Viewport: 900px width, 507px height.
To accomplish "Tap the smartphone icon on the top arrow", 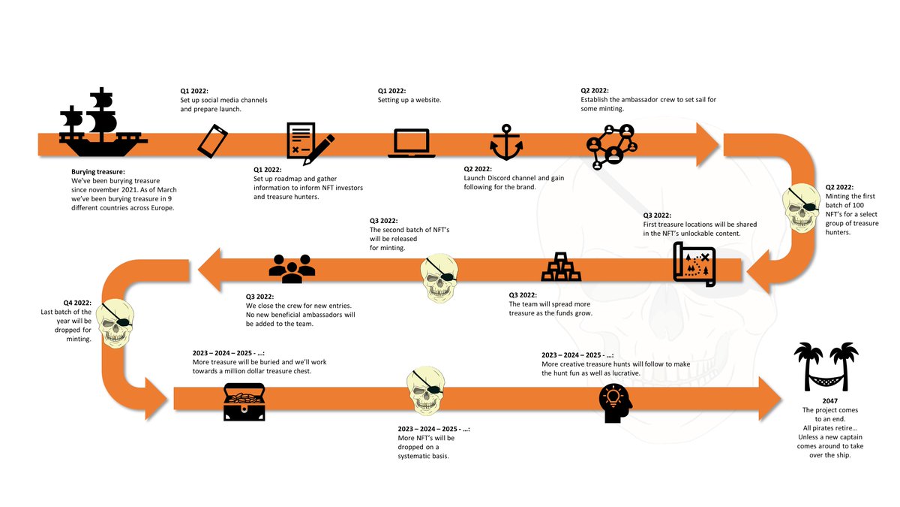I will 213,140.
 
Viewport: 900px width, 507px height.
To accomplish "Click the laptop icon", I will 411,143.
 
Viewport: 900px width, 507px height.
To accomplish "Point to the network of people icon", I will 611,147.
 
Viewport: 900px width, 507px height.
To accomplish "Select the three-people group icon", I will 292,268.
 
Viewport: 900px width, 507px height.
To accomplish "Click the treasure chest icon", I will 244,401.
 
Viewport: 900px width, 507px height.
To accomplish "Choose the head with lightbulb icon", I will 616,403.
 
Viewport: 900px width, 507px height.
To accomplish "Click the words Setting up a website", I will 409,100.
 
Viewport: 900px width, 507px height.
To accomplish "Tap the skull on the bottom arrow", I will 428,394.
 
